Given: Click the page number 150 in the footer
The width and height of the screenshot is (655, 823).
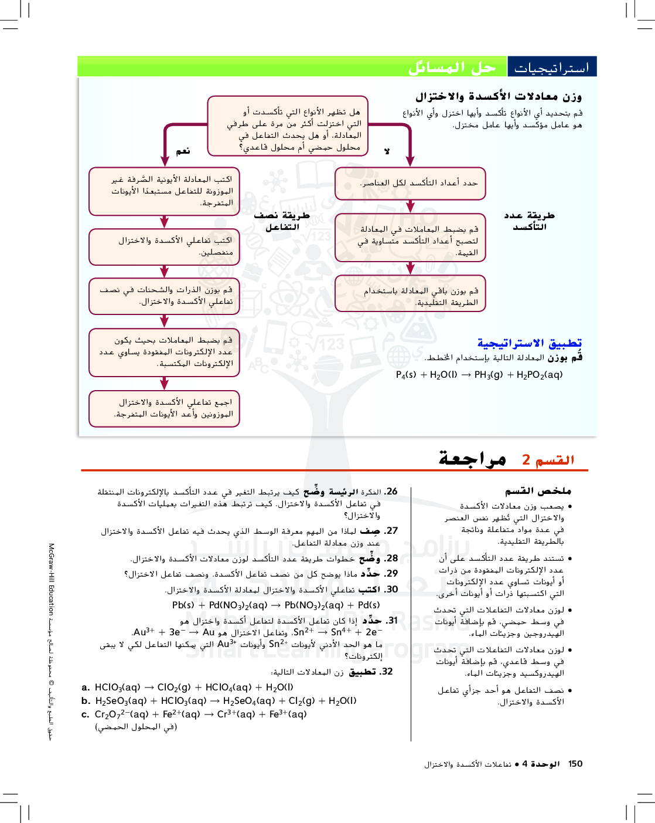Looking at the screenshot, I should [x=575, y=764].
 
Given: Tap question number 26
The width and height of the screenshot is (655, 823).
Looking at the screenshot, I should [x=391, y=492].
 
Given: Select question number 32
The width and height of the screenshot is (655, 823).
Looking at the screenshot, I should [x=386, y=672].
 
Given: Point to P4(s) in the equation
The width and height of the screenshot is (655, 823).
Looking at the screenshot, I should [x=406, y=375].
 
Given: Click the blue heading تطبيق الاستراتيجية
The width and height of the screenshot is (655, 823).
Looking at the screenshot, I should [x=529, y=343].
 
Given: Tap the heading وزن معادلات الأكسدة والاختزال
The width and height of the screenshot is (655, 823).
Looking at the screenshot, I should [x=498, y=96].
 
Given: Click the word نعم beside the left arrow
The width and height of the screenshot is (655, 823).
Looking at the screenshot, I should [x=183, y=151].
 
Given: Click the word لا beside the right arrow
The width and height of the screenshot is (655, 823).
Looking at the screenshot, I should [x=387, y=151].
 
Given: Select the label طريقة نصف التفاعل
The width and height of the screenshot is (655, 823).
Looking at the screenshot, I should [x=282, y=221].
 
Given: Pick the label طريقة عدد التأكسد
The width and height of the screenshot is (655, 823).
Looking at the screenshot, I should [x=529, y=221].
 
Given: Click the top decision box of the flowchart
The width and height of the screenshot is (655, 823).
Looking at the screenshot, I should [x=288, y=126].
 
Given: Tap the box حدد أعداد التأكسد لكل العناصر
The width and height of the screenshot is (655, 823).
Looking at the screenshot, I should [x=410, y=183].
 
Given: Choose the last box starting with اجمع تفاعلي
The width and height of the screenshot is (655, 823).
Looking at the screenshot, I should [x=164, y=408].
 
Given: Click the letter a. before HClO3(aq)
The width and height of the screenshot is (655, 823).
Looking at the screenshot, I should [x=86, y=687].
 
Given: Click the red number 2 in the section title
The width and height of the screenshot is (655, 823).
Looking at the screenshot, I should [x=526, y=460].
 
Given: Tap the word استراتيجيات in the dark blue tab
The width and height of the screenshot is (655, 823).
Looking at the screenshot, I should [x=551, y=68].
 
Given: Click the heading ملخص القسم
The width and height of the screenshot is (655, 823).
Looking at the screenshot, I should [x=538, y=491].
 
